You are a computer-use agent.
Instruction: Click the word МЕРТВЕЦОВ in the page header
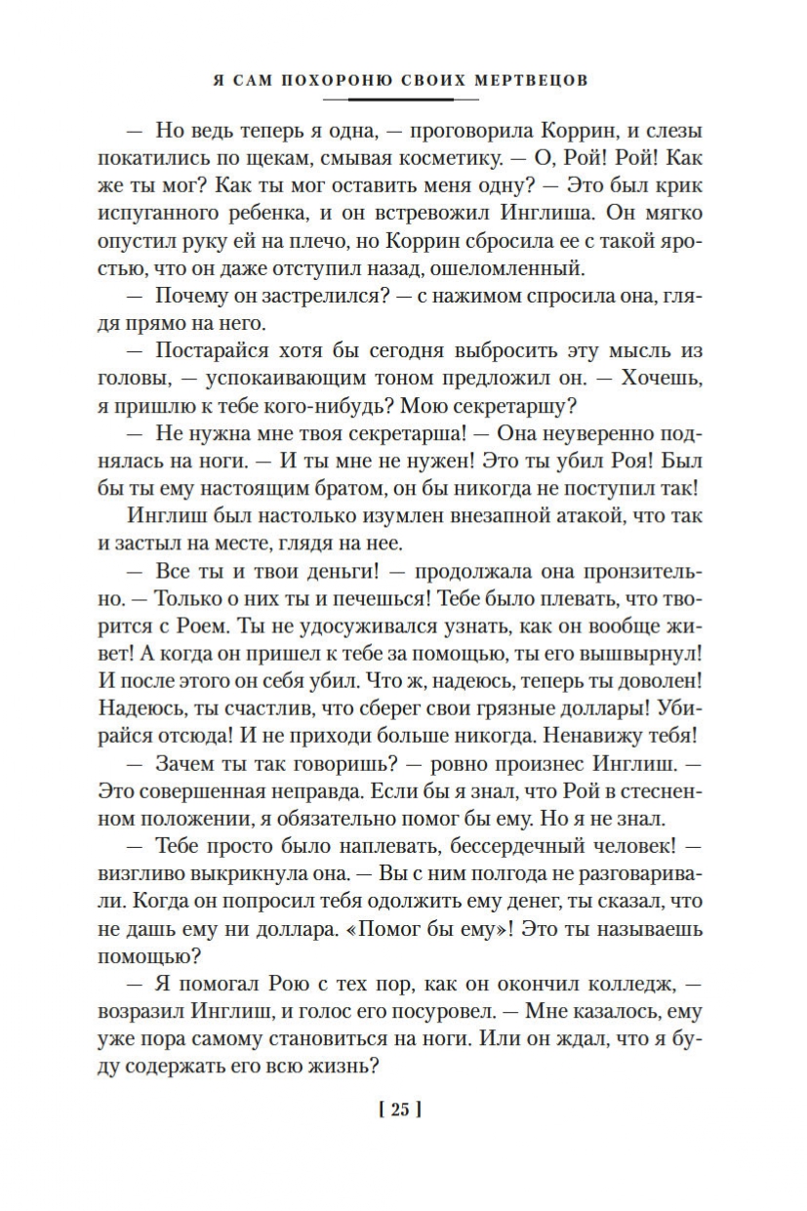(x=532, y=80)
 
